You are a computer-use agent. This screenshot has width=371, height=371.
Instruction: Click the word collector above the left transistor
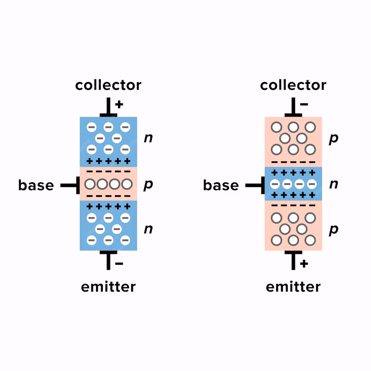108,85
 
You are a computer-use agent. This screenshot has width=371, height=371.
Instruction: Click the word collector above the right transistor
293,85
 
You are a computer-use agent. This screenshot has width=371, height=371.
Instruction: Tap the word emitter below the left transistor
108,287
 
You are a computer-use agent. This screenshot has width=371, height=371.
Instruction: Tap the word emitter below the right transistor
293,287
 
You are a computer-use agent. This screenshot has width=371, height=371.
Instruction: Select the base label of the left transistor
36,185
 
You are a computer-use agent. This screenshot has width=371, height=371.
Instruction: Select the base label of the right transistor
221,185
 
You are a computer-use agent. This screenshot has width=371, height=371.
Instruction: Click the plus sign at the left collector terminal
119,104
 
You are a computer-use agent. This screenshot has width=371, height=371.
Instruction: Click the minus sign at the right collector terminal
304,104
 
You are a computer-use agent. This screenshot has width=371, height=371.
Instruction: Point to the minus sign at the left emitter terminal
119,264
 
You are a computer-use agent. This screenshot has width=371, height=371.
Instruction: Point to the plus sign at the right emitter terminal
304,264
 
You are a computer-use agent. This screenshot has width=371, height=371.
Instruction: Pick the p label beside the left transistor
148,184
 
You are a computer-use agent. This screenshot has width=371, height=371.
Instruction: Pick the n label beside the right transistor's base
334,184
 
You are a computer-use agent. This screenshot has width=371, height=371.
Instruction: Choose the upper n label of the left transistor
148,138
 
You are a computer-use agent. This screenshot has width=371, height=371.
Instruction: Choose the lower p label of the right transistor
334,230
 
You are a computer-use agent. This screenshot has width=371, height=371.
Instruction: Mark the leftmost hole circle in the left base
90,184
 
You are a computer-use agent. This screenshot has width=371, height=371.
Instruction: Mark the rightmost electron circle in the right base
312,184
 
